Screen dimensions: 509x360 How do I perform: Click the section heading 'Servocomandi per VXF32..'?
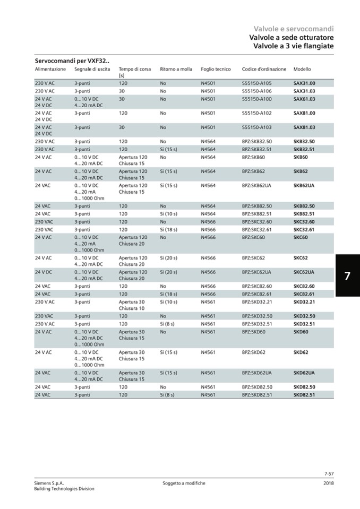coord(72,61)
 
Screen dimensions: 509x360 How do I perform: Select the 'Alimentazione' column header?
coord(50,70)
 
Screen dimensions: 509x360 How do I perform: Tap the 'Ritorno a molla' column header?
coord(176,70)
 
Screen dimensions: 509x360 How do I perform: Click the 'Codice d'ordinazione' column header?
coord(264,70)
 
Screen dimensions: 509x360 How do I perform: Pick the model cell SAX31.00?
coord(304,83)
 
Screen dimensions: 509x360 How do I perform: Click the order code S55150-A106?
coord(256,91)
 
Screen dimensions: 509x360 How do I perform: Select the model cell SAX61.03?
coord(304,99)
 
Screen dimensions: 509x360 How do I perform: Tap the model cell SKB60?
coord(301,158)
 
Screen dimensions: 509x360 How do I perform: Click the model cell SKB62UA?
coord(304,186)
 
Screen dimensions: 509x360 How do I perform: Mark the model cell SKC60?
coord(301,237)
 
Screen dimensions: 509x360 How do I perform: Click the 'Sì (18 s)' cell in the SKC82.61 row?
coord(168,294)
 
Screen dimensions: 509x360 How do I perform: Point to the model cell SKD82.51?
coord(304,395)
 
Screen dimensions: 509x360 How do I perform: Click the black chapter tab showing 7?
coord(347,277)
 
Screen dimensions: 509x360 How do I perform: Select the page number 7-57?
coord(328,473)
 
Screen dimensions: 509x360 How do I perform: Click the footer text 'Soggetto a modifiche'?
coord(184,483)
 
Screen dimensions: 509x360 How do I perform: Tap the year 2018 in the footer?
coord(328,483)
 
